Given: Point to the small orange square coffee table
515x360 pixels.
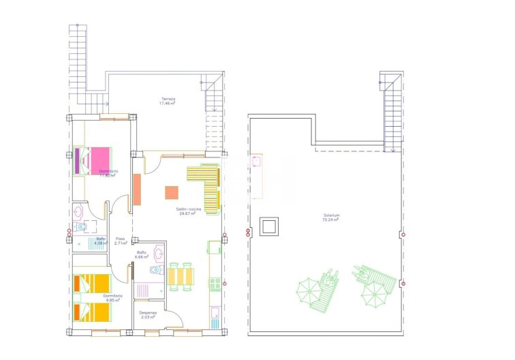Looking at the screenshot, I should [171, 193].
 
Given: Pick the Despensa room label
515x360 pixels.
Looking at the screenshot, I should [149, 315].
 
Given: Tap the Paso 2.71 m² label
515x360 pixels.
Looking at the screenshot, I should [121, 241].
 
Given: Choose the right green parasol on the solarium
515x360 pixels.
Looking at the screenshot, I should [374, 295].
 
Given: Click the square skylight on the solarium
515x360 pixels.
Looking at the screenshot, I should [270, 226].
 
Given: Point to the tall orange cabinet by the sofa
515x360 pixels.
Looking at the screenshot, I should [137, 190].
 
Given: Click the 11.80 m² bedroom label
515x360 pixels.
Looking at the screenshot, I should [108, 173].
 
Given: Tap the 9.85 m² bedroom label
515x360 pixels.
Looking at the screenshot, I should [112, 298].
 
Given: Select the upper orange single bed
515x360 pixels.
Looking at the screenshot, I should [92, 282].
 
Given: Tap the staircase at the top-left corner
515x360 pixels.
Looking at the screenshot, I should [78, 61].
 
